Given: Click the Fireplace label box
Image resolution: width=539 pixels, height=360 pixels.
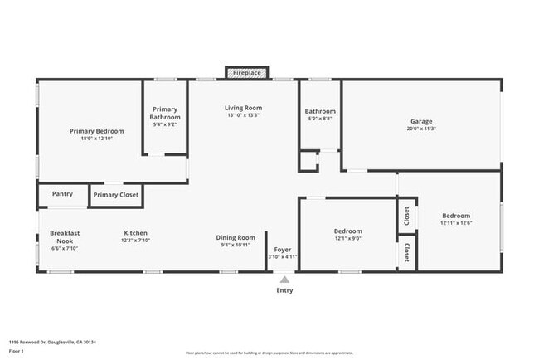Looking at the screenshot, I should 247,73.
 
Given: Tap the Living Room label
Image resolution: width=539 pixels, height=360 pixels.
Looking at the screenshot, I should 243,108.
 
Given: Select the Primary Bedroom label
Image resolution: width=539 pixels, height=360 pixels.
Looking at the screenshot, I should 96,131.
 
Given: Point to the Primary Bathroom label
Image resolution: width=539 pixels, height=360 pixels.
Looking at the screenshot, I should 166,114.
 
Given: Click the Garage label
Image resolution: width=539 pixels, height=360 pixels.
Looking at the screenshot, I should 421,121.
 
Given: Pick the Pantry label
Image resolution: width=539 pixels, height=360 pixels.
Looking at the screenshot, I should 62,194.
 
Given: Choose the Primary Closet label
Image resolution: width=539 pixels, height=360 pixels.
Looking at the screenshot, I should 115,195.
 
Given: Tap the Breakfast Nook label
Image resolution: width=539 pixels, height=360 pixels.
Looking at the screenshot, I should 64,236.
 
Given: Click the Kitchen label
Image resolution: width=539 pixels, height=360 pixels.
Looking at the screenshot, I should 136,233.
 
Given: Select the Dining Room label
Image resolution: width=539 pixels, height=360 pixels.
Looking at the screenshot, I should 236,237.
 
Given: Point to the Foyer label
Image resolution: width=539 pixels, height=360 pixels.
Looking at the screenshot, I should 282,249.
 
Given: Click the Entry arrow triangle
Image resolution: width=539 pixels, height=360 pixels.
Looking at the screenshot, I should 284,280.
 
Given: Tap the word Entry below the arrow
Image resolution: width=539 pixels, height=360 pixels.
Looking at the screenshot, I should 284,290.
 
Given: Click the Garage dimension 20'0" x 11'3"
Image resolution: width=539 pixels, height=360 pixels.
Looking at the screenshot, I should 421,129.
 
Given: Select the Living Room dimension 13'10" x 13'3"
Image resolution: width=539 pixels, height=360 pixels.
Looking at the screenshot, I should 243,115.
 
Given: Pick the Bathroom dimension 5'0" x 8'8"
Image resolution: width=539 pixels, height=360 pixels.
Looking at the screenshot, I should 320,119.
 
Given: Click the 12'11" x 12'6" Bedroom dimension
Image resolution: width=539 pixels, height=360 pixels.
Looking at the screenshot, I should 455,222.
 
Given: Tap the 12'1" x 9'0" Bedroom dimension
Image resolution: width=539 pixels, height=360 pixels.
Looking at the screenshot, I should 347,238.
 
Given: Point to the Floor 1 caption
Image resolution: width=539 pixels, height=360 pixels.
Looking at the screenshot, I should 17,352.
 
